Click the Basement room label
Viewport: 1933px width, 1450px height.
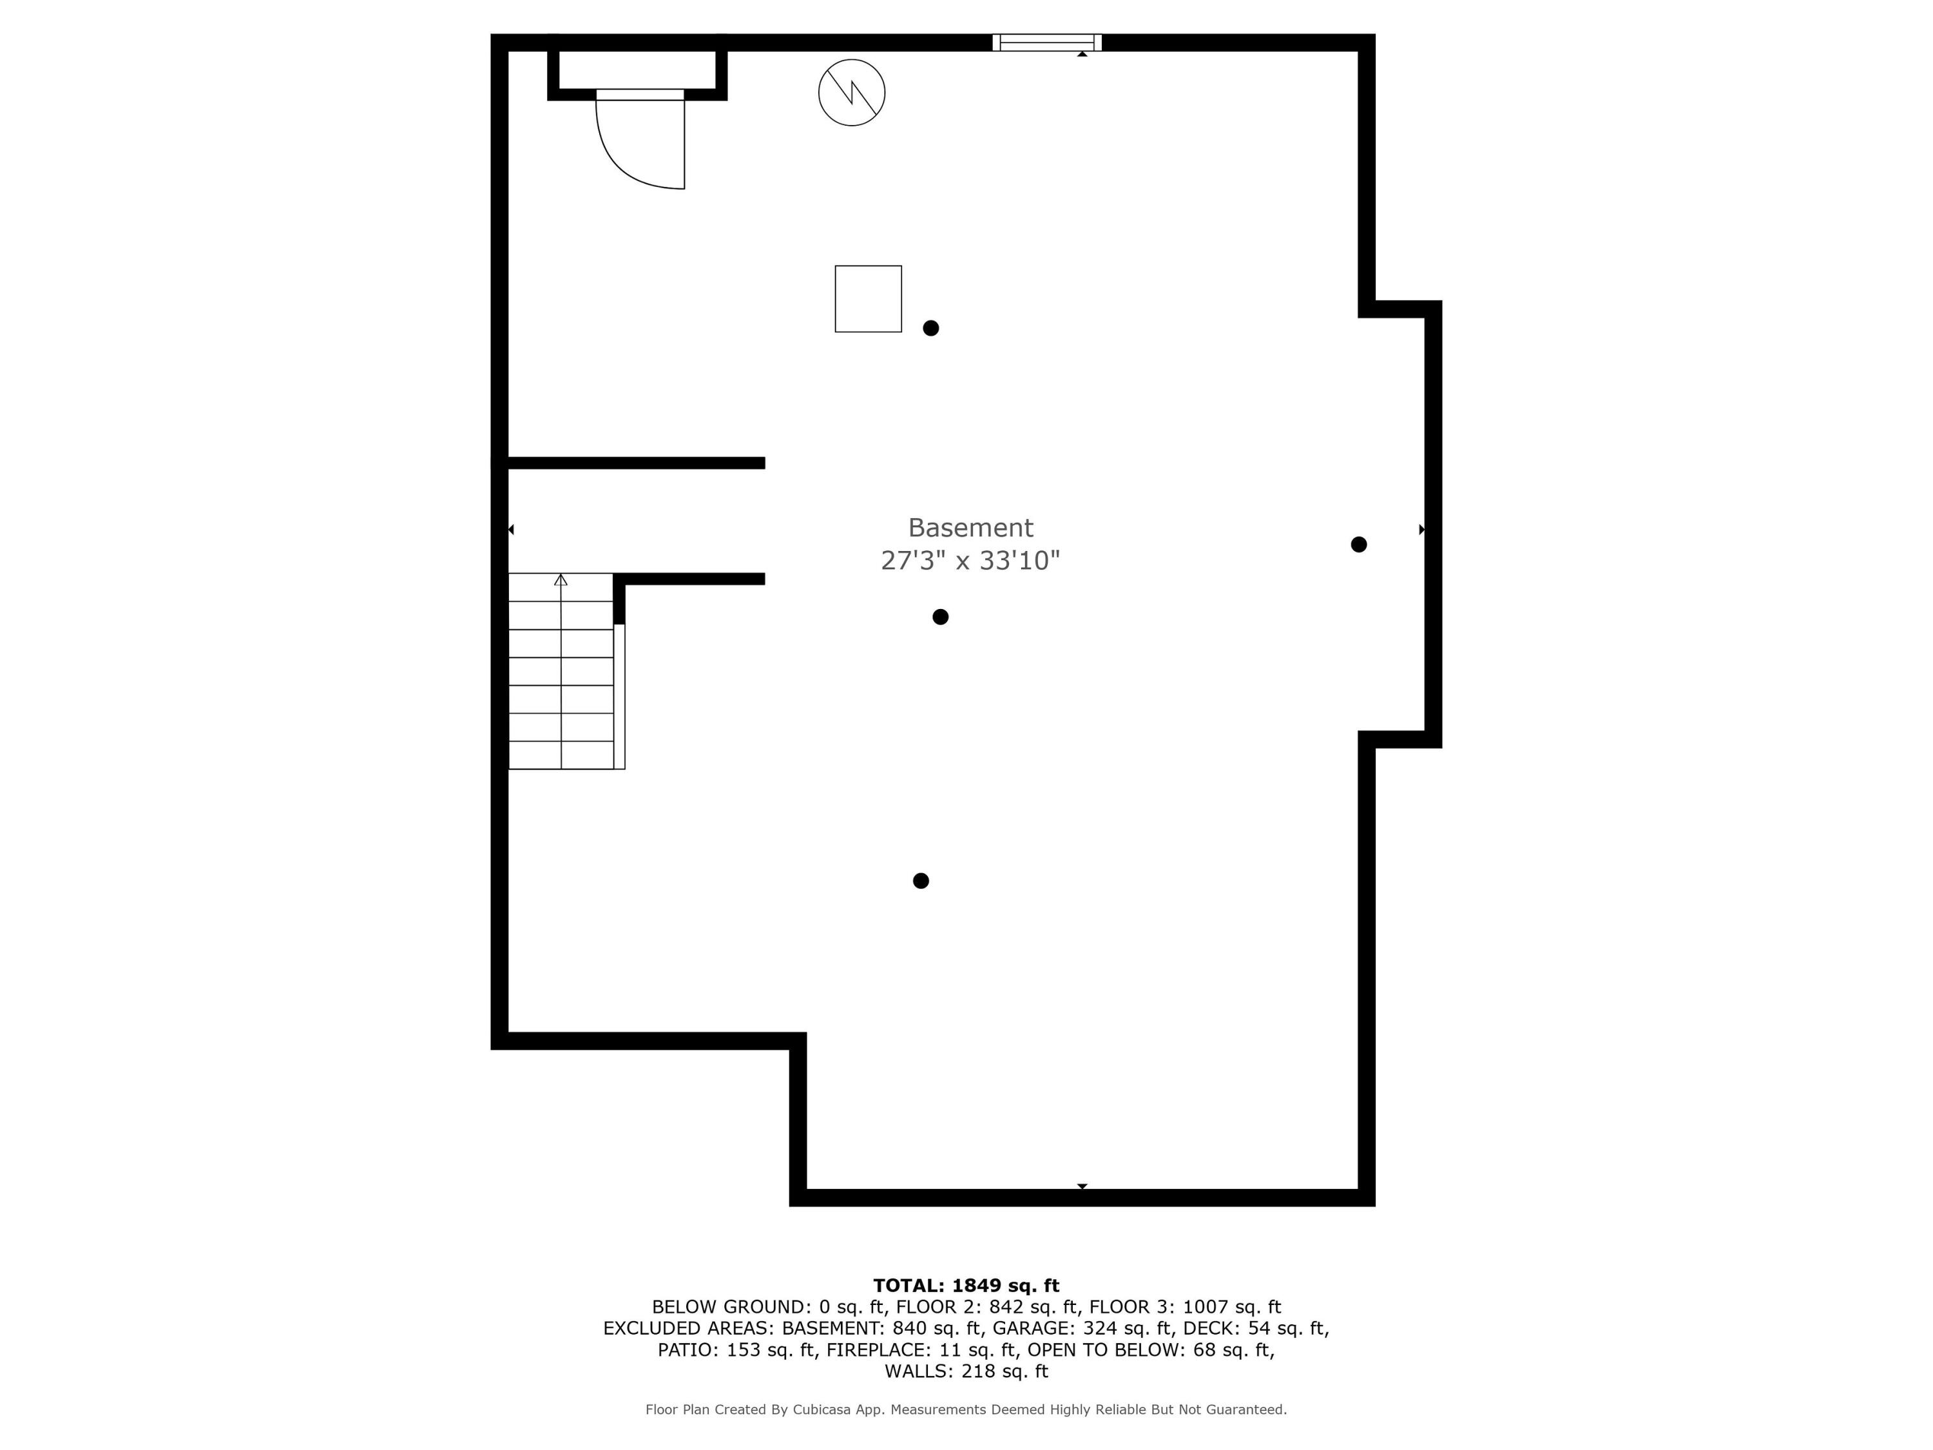[970, 528]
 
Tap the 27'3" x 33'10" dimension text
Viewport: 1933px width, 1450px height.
[970, 560]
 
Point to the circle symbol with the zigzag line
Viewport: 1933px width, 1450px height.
[851, 93]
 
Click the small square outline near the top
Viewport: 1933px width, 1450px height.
[868, 299]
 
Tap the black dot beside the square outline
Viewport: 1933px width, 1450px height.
[930, 328]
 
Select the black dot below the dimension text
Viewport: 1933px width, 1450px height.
[940, 617]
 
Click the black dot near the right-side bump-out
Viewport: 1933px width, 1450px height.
[1358, 545]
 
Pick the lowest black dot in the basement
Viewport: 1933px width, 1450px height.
[920, 880]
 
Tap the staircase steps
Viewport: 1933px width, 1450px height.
[561, 686]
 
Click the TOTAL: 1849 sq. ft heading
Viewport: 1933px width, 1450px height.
[966, 1285]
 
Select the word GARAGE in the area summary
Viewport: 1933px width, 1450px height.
[1034, 1328]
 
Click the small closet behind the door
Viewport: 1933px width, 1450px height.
[637, 70]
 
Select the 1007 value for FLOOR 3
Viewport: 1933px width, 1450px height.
[1206, 1307]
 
